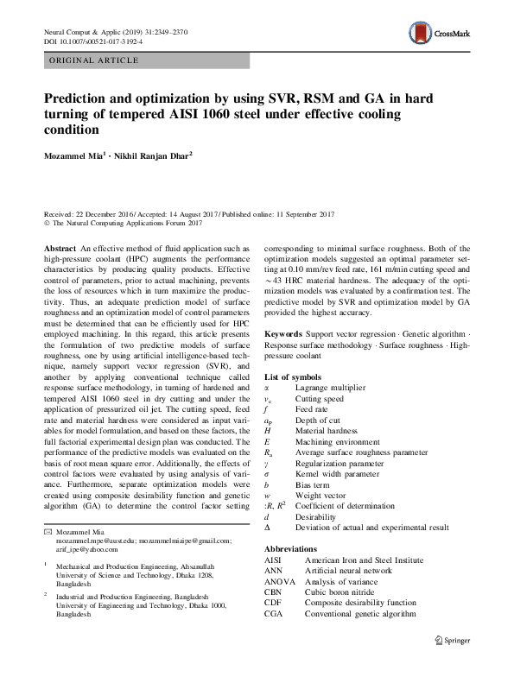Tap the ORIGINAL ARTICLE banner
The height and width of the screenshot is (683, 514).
pos(94,60)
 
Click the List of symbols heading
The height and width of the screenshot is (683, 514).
pos(294,377)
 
